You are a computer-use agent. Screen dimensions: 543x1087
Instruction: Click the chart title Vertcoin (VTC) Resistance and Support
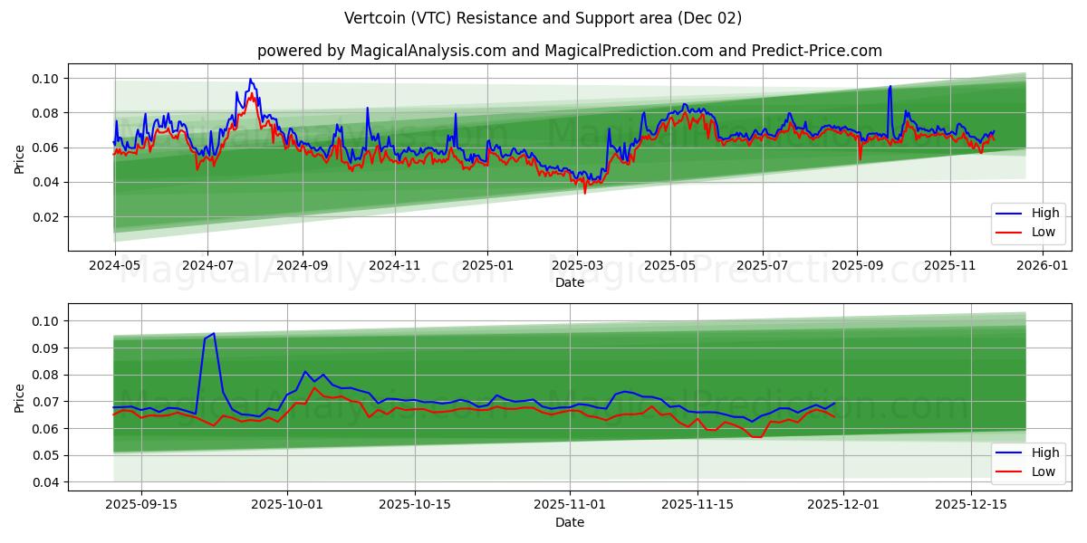click(x=543, y=18)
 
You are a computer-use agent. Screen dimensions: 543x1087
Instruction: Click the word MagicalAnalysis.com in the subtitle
click(x=428, y=51)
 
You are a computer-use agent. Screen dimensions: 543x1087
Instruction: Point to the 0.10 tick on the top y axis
click(x=46, y=79)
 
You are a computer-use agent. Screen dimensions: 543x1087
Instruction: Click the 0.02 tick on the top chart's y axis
click(x=46, y=217)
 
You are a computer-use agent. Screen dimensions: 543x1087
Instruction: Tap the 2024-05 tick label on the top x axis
click(x=114, y=266)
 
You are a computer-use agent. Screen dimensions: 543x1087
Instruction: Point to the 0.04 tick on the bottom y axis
click(x=46, y=482)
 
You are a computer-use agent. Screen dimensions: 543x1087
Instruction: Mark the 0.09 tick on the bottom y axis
click(x=46, y=348)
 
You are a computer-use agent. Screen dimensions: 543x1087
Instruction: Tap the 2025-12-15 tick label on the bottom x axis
click(x=971, y=505)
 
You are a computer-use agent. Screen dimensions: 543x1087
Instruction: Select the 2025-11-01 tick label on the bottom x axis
click(x=570, y=505)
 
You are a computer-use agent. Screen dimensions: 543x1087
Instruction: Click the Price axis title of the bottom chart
click(x=20, y=397)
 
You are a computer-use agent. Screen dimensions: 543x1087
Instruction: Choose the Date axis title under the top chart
click(x=570, y=282)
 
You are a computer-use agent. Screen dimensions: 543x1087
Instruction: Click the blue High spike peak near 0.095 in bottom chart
click(x=213, y=334)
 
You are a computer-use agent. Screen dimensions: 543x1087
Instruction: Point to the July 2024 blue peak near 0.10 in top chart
click(x=251, y=80)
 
